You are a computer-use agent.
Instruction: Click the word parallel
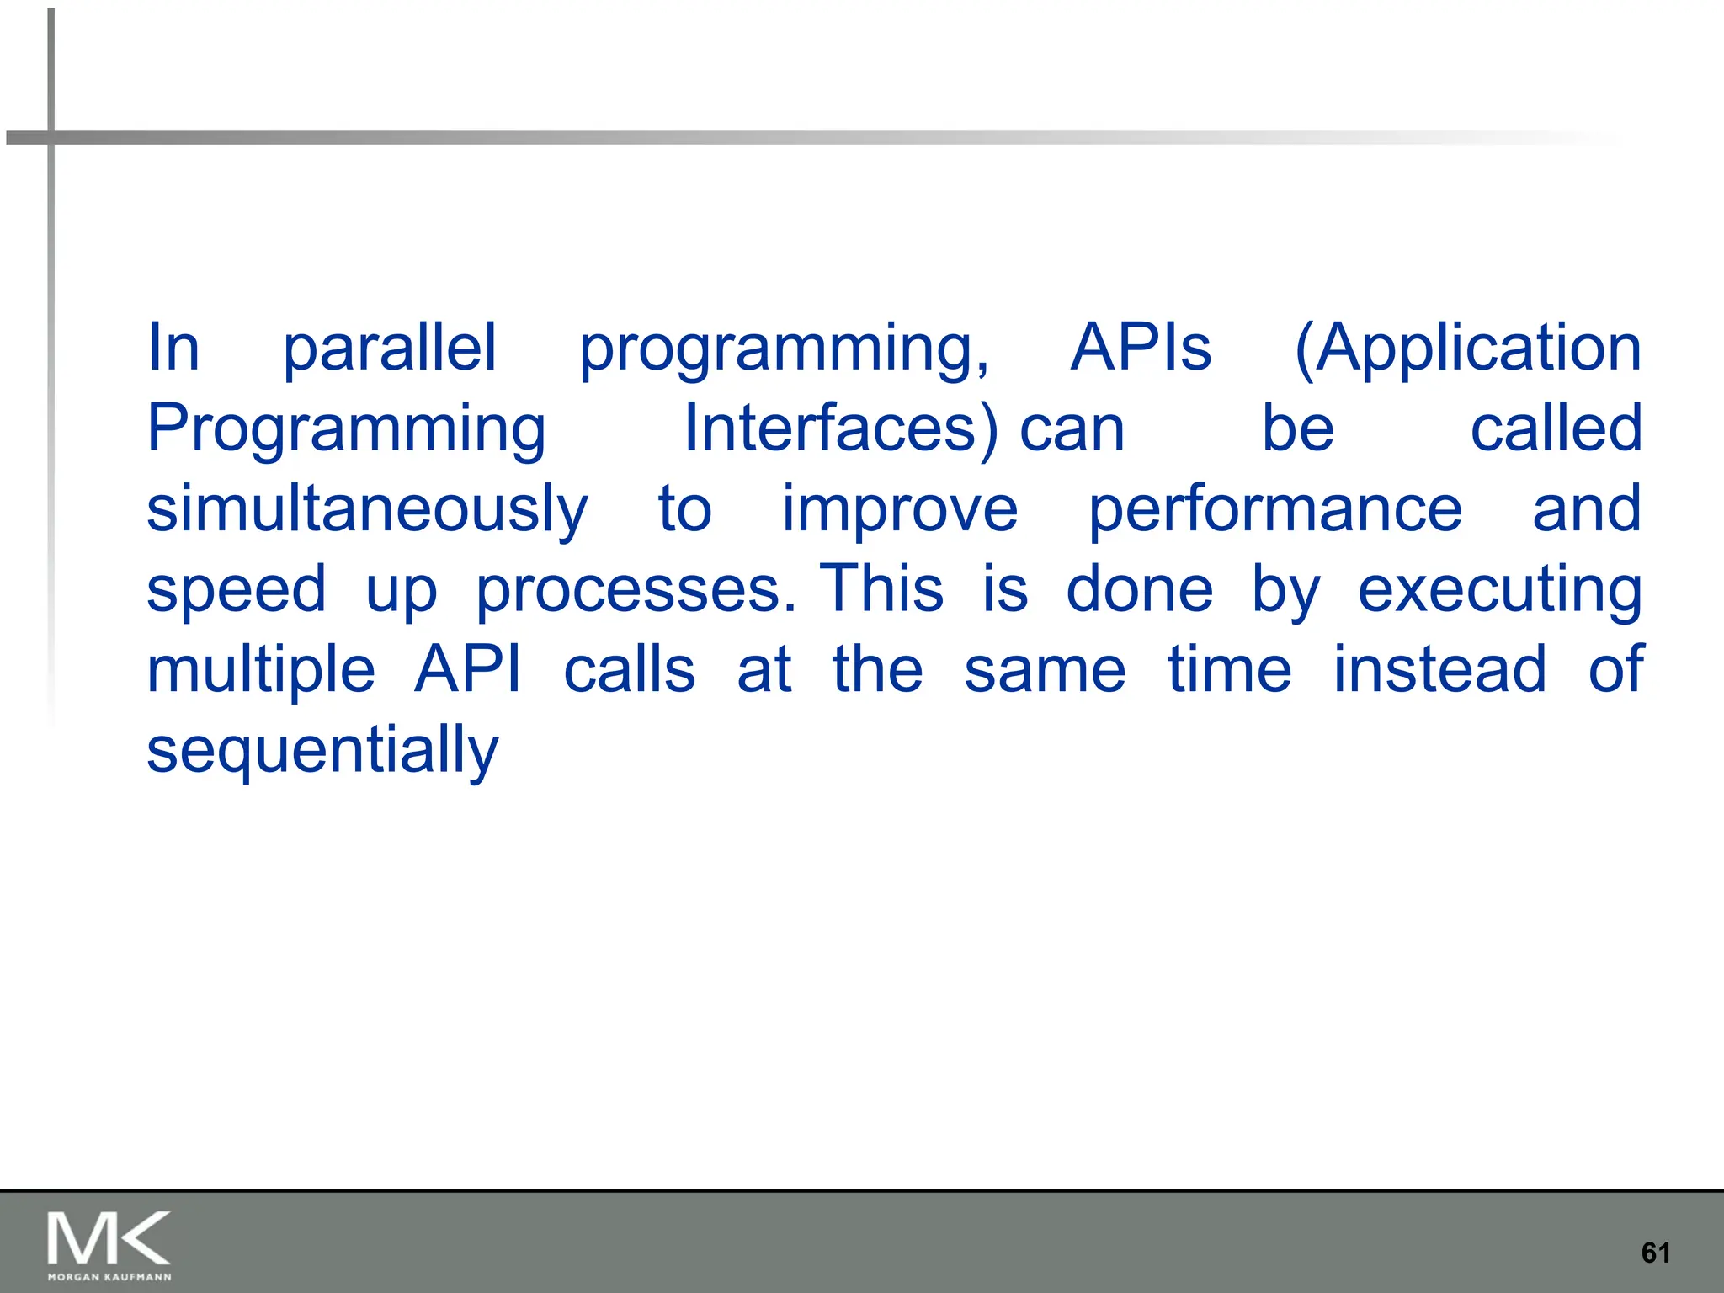pos(389,349)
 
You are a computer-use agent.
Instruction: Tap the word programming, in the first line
pos(784,349)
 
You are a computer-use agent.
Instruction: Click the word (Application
pos(1467,349)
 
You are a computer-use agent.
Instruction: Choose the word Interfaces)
pos(840,428)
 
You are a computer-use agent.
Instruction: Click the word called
pos(1556,428)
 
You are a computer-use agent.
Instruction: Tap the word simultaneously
pos(367,510)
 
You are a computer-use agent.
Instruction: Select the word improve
pos(900,510)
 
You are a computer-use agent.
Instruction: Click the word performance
pos(1275,510)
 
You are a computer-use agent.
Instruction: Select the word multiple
pos(261,671)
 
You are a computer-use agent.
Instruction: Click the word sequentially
pos(322,751)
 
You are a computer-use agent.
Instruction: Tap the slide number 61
pos(1655,1253)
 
